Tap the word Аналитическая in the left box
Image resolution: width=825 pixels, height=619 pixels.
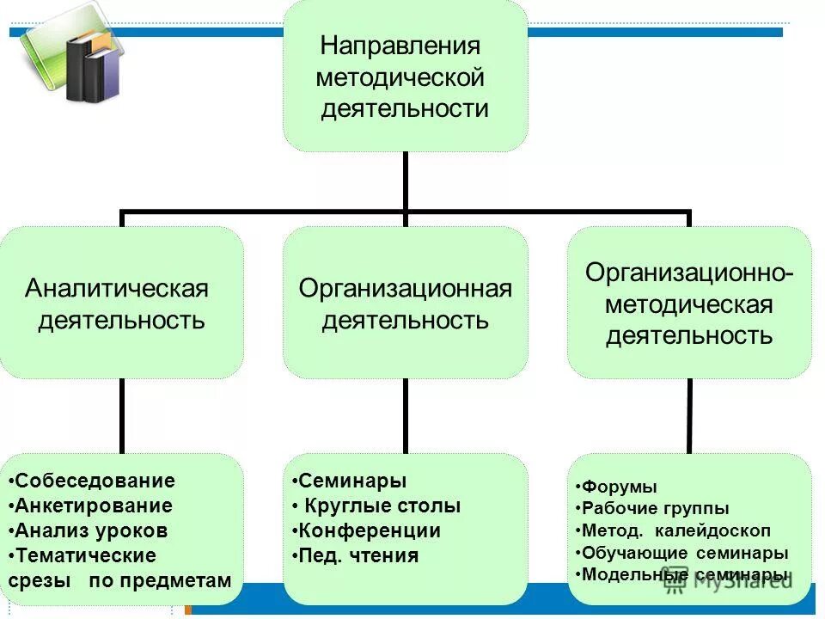click(x=117, y=287)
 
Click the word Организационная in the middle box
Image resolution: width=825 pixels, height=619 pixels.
click(x=406, y=287)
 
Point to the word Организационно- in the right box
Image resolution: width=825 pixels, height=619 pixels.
click(x=689, y=273)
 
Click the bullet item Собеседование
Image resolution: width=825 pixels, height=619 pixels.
click(x=95, y=481)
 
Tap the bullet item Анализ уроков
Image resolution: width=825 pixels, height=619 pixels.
click(x=90, y=530)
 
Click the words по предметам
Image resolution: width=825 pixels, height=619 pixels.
click(x=160, y=580)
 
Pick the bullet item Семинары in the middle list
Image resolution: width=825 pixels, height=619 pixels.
click(x=349, y=481)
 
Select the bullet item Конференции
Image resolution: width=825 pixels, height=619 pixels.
click(x=366, y=530)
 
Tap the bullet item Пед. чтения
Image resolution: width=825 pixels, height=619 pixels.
click(x=355, y=555)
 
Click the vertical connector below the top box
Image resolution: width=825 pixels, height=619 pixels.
click(x=405, y=181)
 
